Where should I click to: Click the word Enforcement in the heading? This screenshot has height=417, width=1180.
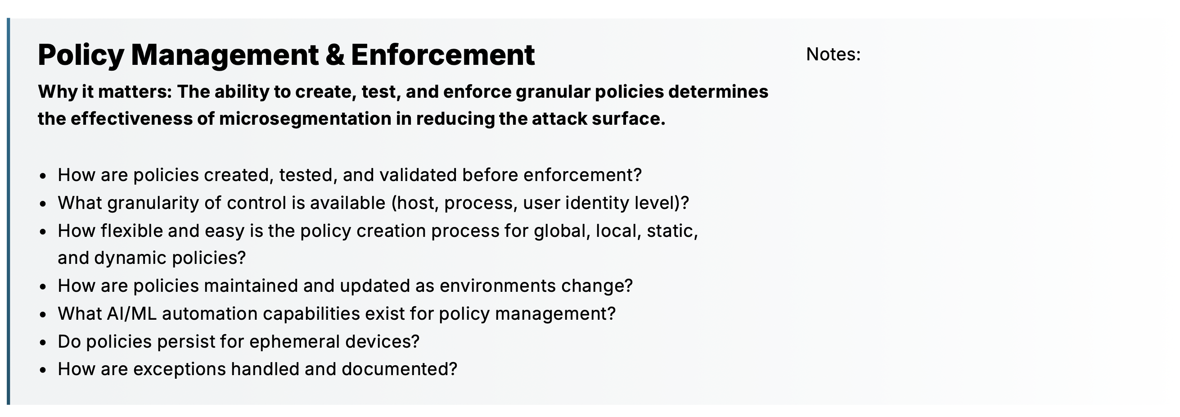tap(442, 55)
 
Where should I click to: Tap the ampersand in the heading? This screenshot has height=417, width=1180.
tap(335, 55)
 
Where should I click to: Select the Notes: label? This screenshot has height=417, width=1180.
tap(833, 54)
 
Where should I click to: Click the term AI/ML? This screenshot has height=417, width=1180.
tap(131, 314)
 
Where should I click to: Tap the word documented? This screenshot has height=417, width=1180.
tap(399, 369)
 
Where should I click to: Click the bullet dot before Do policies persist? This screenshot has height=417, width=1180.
tap(43, 342)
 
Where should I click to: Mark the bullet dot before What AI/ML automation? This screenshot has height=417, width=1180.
tap(43, 314)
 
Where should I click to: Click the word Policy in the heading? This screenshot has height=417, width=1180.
tap(81, 55)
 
